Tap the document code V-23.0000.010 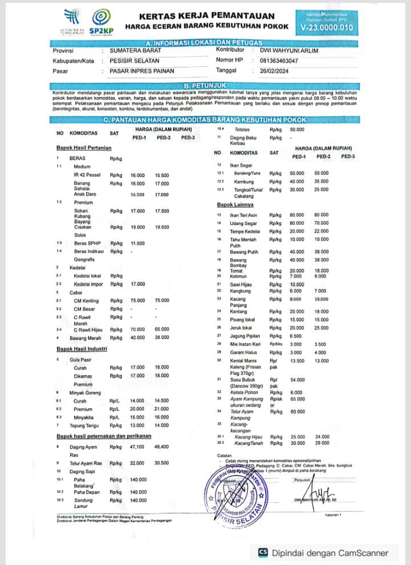tap(326, 27)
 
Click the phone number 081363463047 tap(279, 60)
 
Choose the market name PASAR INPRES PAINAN tap(142, 71)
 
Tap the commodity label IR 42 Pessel tap(87, 175)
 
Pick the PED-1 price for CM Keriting tap(138, 300)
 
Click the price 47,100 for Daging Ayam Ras tap(138, 446)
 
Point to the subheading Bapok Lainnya tap(235, 204)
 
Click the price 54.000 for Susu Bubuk tap(297, 379)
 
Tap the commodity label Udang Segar tap(243, 223)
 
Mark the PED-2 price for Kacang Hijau tap(323, 436)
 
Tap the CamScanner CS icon tap(263, 552)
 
